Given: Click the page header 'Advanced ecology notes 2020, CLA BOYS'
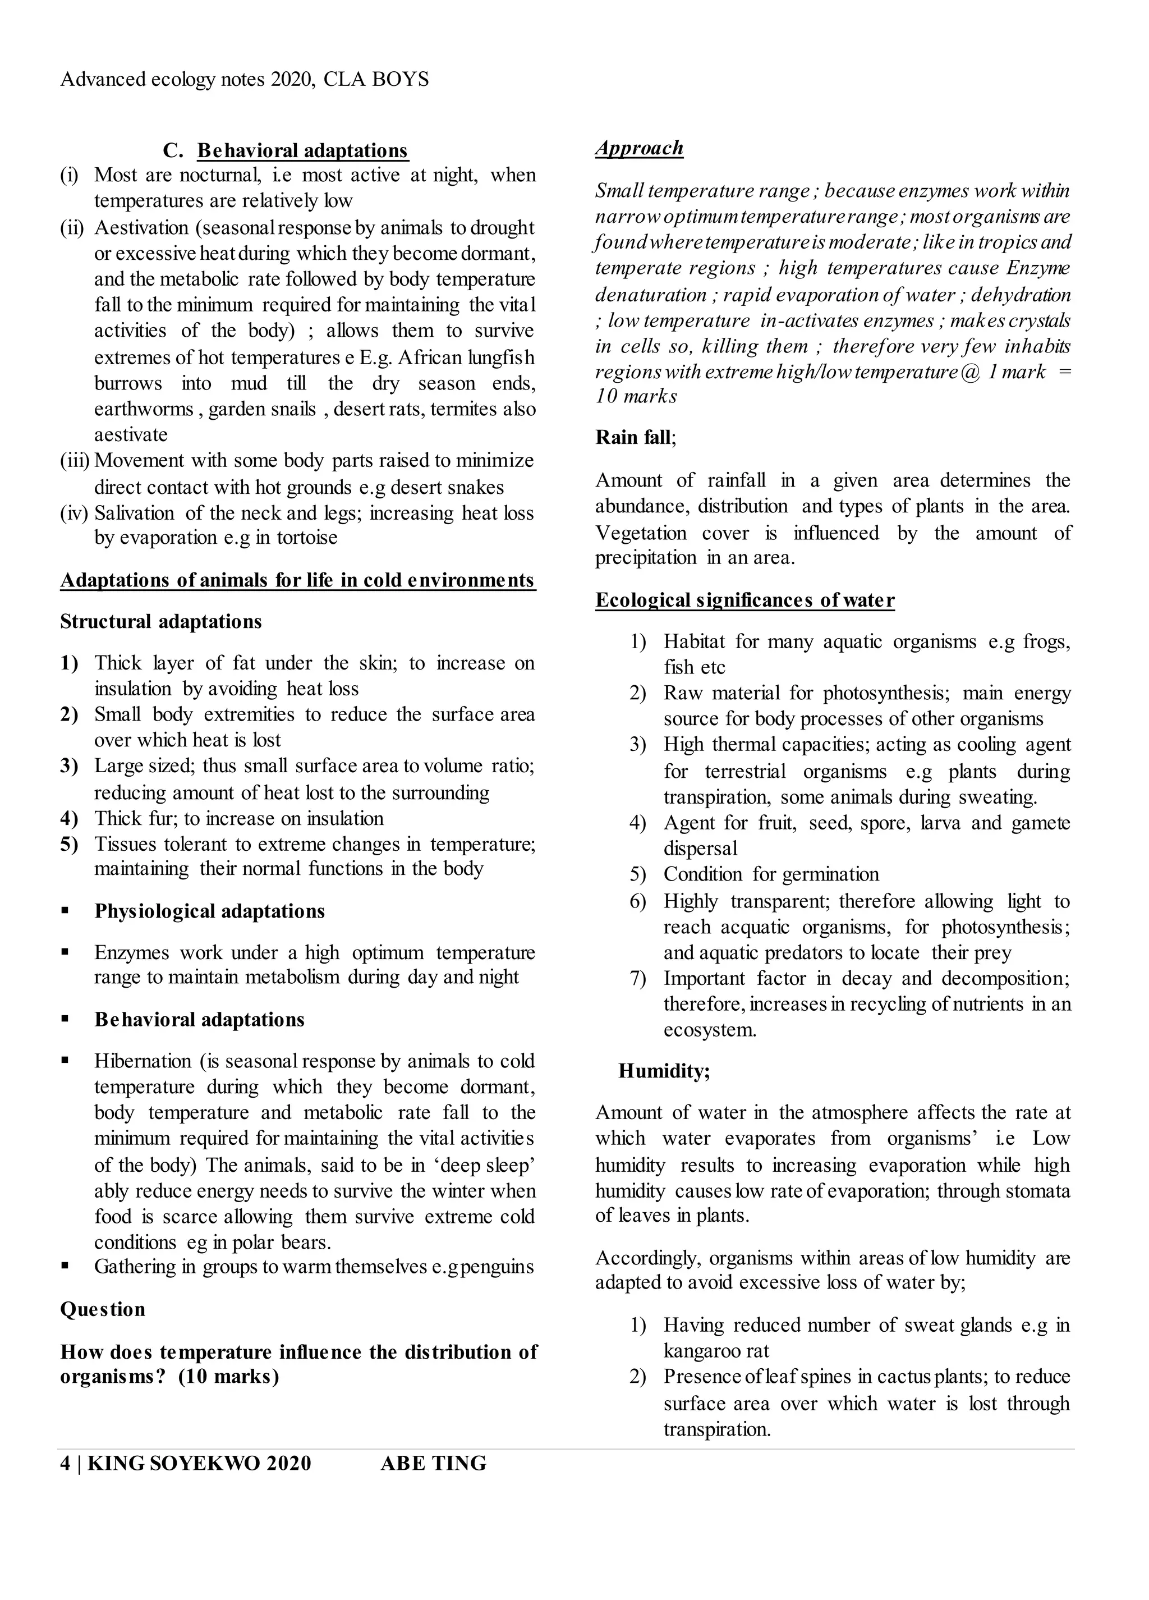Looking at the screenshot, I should coord(244,79).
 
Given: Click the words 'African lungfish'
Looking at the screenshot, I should coord(466,357).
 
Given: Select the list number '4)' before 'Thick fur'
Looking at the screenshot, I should coord(69,818).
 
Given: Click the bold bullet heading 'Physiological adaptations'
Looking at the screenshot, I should coord(209,911).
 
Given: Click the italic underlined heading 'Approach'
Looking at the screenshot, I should coord(639,148).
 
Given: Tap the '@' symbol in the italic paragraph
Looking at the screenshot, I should coord(970,372).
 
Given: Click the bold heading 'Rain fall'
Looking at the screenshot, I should coord(633,437).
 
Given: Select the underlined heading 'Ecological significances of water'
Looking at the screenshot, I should coord(745,600).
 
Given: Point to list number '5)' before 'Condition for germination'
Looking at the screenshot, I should coord(638,875).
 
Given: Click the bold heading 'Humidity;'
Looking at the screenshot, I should coord(664,1071).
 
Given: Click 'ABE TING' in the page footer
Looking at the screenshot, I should coord(433,1464).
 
